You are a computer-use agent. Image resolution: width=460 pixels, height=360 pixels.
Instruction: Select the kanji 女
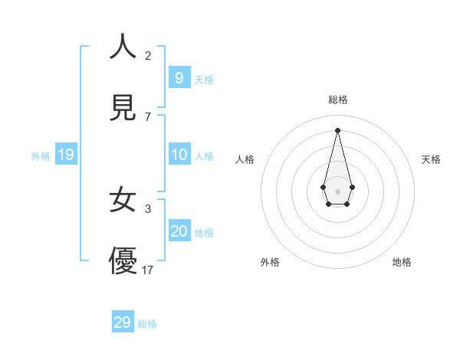click(x=123, y=201)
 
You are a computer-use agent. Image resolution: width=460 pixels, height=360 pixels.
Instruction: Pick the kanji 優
click(x=123, y=260)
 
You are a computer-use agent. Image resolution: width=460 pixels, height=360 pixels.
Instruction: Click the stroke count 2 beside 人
click(x=148, y=56)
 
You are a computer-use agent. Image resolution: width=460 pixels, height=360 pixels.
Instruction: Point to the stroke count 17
click(x=148, y=270)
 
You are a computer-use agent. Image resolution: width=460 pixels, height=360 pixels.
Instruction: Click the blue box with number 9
click(x=179, y=77)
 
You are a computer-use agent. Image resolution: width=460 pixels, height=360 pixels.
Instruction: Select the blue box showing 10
click(x=179, y=155)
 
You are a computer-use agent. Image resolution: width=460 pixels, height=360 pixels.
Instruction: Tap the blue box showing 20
click(x=179, y=231)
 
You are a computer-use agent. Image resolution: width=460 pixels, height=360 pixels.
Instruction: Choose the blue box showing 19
click(x=65, y=155)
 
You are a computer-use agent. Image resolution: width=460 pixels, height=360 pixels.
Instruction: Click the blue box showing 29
click(x=122, y=322)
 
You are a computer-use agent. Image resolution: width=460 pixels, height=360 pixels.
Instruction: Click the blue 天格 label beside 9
click(x=204, y=80)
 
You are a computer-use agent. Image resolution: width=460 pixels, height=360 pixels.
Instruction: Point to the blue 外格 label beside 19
click(x=41, y=156)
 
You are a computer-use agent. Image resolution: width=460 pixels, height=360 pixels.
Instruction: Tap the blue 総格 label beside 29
click(x=147, y=324)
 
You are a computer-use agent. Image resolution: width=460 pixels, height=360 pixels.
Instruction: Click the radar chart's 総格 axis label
click(x=337, y=100)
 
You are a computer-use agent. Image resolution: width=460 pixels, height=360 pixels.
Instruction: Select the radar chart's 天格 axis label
click(x=431, y=159)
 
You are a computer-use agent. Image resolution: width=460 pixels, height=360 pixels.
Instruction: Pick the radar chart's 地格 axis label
click(x=402, y=262)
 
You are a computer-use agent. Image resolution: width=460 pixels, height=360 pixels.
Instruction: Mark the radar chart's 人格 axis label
click(x=245, y=159)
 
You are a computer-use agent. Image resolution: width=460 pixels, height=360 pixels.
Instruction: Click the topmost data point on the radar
click(x=337, y=129)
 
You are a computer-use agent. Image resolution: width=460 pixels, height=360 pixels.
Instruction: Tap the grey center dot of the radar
click(x=337, y=191)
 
